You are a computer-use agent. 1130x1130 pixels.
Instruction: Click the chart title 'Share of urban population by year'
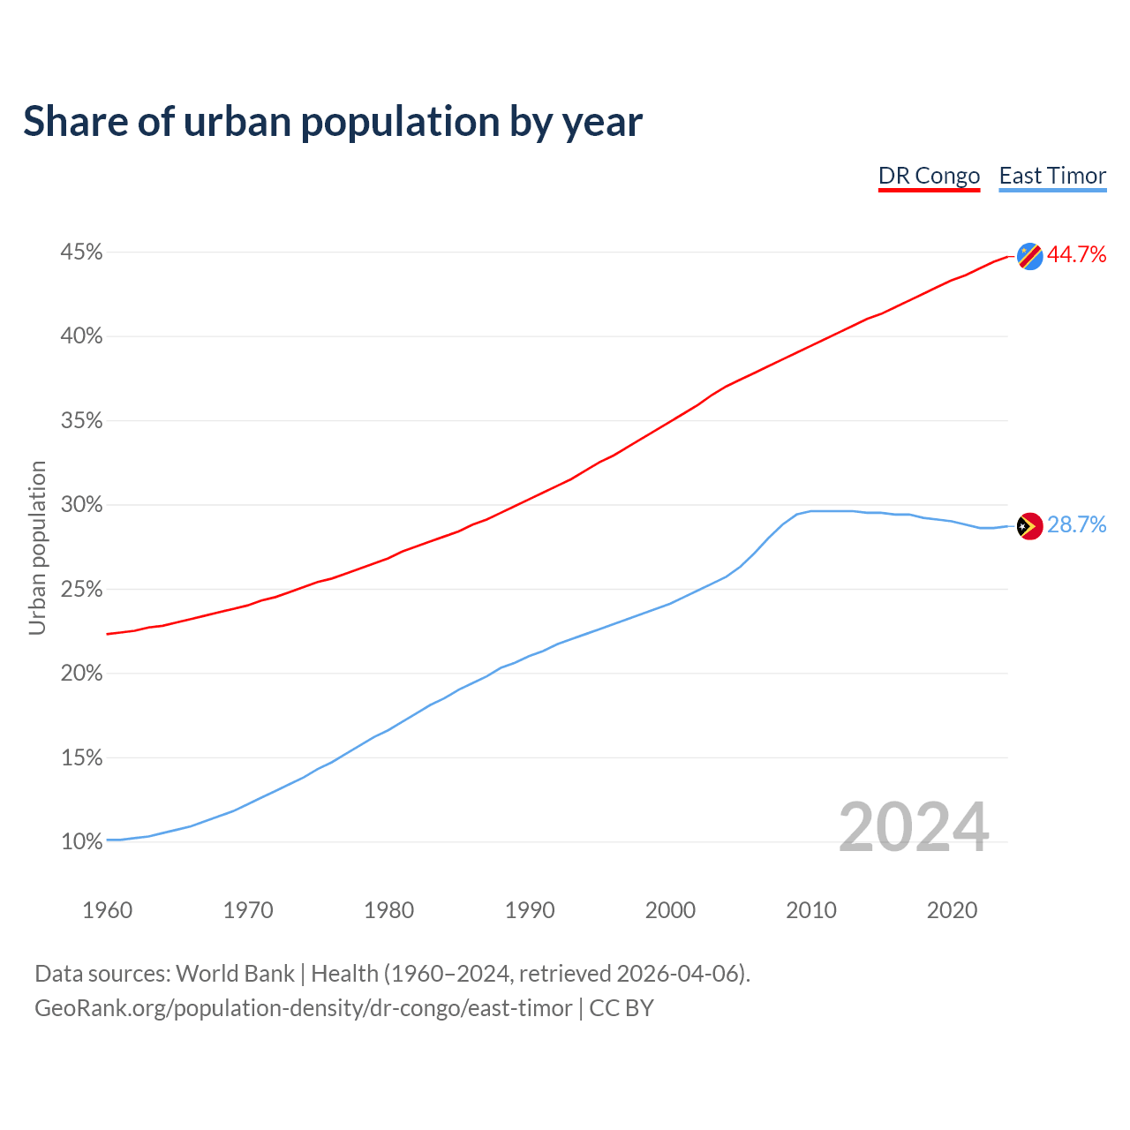333,122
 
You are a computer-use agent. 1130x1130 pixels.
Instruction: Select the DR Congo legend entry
929,176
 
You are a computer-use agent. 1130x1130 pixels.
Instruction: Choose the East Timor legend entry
1052,176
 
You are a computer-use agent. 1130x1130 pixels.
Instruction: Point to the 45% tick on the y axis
81,252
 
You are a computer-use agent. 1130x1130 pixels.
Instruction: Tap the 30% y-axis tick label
81,505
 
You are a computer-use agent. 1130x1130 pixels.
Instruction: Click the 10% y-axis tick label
81,842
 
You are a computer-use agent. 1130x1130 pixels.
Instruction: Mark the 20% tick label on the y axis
81,674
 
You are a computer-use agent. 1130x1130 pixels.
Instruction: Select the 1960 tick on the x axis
107,910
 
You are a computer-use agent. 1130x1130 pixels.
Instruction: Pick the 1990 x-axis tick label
530,910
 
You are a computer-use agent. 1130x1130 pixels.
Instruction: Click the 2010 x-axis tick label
811,910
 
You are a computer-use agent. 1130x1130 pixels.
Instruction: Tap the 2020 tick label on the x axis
952,910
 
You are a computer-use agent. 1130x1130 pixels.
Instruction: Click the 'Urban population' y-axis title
37,547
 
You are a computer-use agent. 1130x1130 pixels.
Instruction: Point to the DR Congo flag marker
1029,256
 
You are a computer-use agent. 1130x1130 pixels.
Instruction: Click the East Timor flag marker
1029,526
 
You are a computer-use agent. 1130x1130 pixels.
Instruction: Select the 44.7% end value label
1076,255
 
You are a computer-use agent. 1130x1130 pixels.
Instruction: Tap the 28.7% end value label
1076,525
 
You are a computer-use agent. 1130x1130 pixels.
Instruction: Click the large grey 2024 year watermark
914,827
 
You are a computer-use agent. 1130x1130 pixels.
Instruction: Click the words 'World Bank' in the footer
235,974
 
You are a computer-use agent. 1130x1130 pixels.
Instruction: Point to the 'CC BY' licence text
621,1008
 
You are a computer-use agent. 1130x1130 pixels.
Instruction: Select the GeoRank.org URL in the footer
303,1008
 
